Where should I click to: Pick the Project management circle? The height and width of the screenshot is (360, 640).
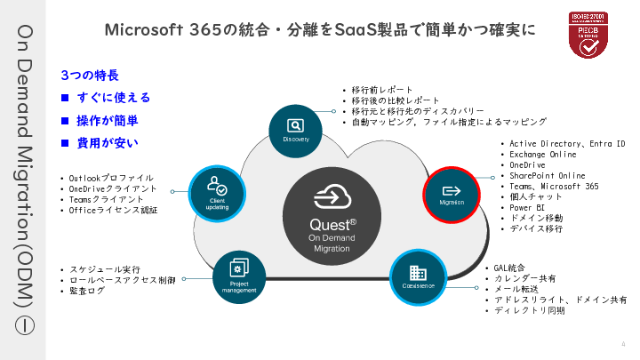coord(238,276)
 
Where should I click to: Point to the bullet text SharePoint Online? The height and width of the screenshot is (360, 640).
coord(548,176)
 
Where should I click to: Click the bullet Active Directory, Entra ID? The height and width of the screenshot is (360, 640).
coord(567,144)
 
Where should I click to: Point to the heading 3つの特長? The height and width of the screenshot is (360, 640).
coord(90,76)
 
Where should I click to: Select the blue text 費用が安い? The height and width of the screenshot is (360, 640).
coord(108,142)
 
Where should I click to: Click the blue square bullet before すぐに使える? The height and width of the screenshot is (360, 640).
coord(64,98)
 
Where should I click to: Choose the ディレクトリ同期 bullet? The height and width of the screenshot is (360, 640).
coord(530,310)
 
